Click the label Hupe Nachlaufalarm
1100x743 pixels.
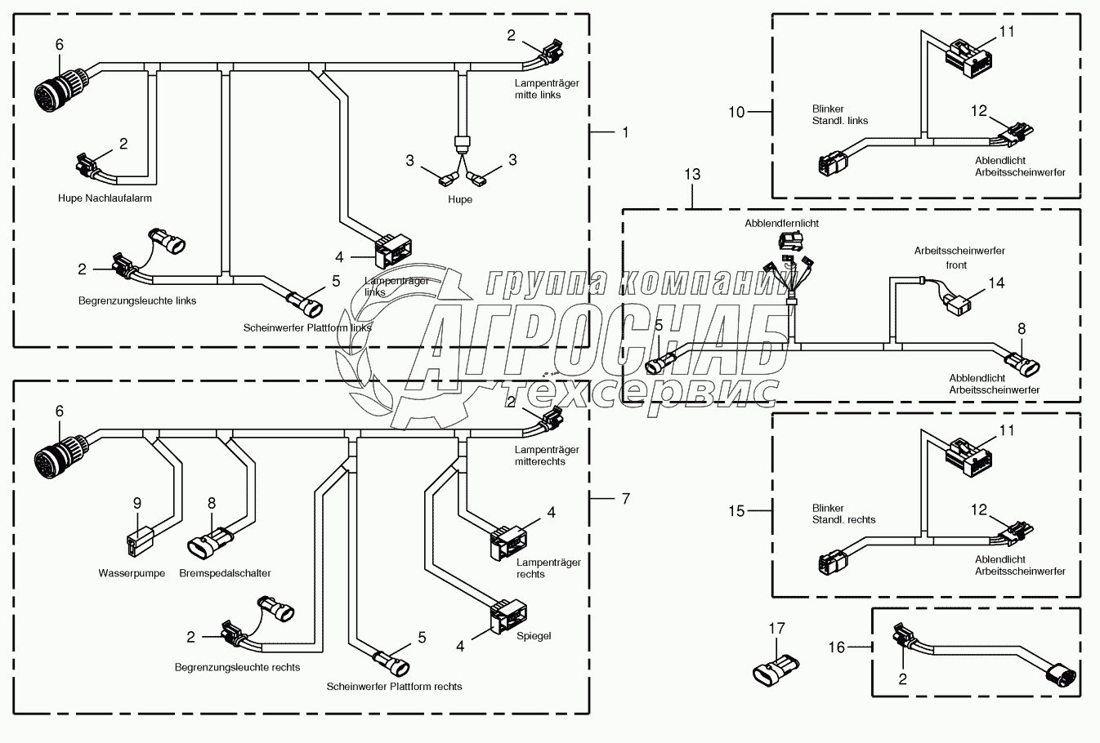pyautogui.click(x=105, y=198)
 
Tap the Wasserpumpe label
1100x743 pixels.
pyautogui.click(x=132, y=573)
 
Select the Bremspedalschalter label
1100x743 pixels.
pyautogui.click(x=225, y=573)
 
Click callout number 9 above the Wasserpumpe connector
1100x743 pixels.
pyautogui.click(x=137, y=503)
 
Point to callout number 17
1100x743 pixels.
pyautogui.click(x=777, y=628)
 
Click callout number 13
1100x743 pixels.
pyautogui.click(x=692, y=174)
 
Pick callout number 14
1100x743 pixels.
pyautogui.click(x=997, y=283)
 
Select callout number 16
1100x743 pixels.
pyautogui.click(x=837, y=647)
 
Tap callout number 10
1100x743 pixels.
pyautogui.click(x=736, y=113)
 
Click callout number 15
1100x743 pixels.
pyautogui.click(x=736, y=511)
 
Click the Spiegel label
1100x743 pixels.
pyautogui.click(x=534, y=636)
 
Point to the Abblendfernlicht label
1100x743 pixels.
pyautogui.click(x=782, y=223)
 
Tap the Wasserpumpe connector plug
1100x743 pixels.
pyautogui.click(x=140, y=541)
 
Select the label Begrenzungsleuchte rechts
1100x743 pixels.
pyautogui.click(x=237, y=667)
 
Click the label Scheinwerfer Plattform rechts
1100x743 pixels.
pyautogui.click(x=395, y=687)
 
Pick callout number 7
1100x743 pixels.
pyautogui.click(x=626, y=499)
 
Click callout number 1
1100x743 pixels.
pyautogui.click(x=626, y=132)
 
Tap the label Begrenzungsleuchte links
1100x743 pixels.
pyautogui.click(x=137, y=300)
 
